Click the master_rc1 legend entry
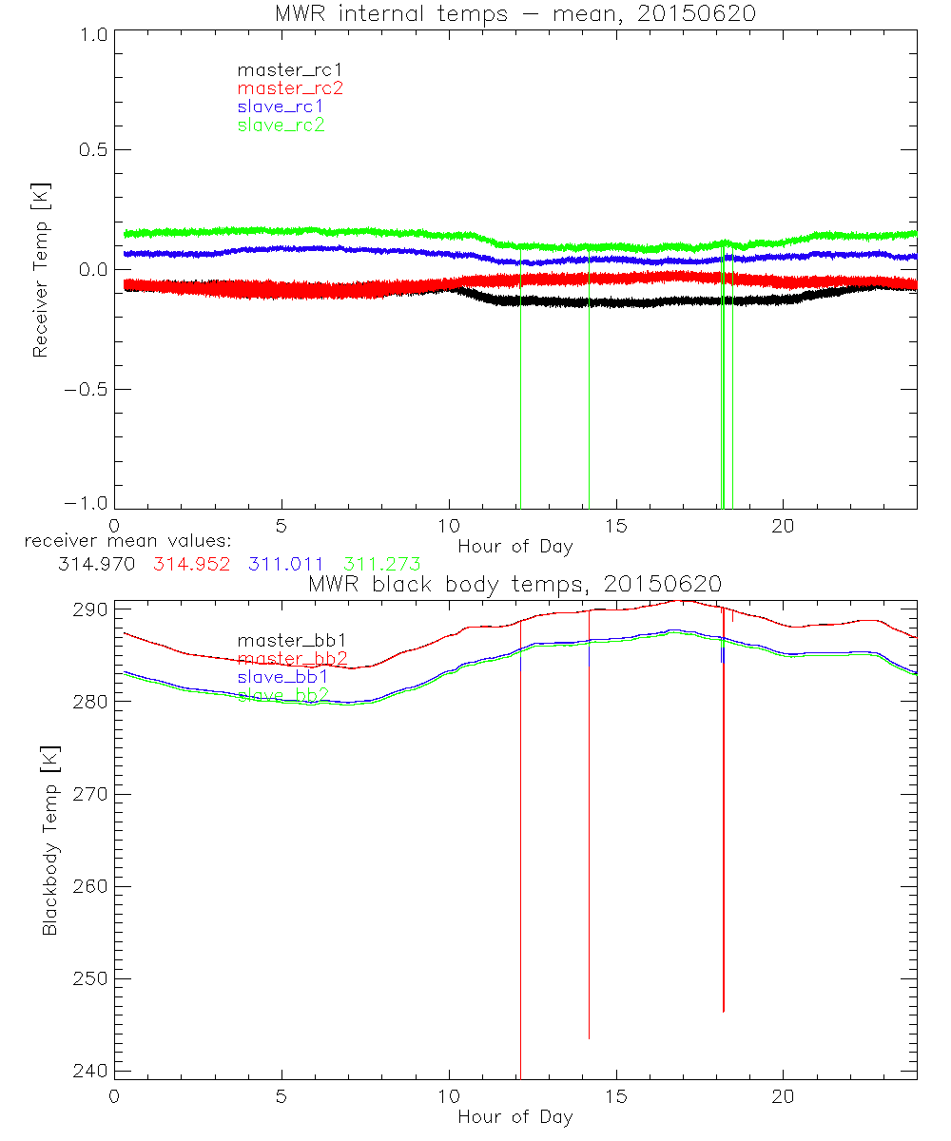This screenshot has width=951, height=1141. (281, 69)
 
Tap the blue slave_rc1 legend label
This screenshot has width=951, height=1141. (281, 106)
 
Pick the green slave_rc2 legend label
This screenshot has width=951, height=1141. (281, 126)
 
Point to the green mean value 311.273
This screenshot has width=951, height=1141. (382, 564)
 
